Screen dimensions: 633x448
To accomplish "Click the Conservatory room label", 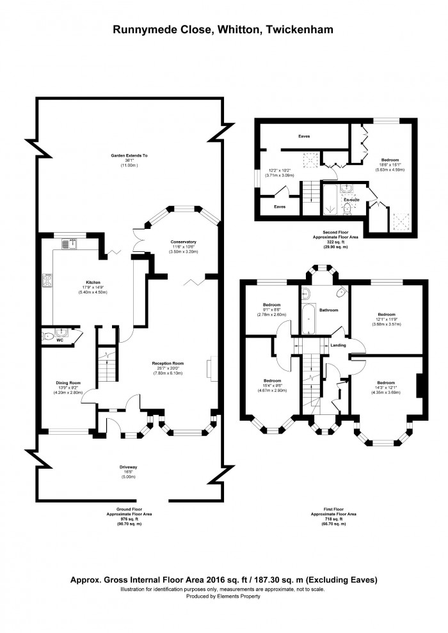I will (x=183, y=242).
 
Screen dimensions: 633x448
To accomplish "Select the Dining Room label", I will (x=67, y=383).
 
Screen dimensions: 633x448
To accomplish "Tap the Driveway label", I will (x=129, y=467).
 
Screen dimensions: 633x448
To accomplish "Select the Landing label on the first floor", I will (x=338, y=346).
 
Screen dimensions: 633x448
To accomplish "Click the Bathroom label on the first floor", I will (x=329, y=310).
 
